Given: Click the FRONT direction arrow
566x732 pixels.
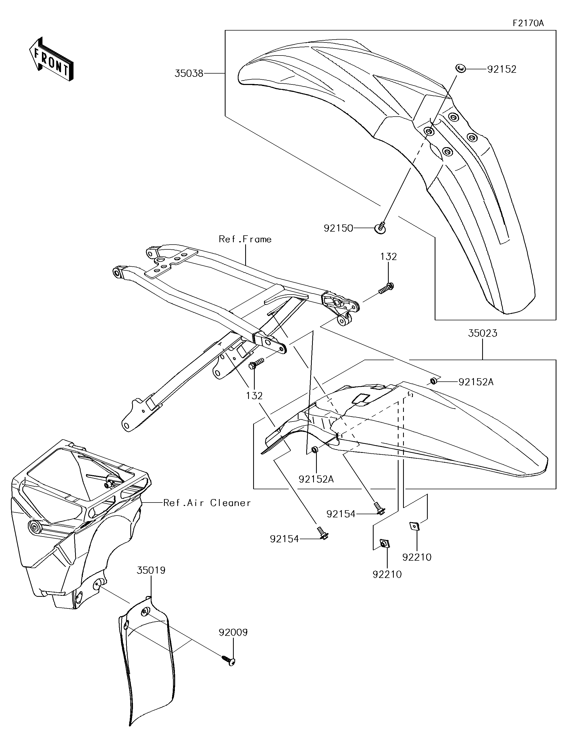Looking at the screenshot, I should [x=51, y=59].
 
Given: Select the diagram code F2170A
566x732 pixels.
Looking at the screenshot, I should [x=528, y=23].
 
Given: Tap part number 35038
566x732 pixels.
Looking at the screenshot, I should [x=189, y=73].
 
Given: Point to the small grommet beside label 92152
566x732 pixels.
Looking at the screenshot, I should [x=460, y=69].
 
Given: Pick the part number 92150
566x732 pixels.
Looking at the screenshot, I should [x=338, y=228].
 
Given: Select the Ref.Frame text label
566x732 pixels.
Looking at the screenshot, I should [x=245, y=239].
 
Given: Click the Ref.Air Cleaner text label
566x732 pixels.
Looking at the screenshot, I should [x=207, y=503].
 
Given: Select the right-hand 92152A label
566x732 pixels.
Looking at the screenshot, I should [x=476, y=382].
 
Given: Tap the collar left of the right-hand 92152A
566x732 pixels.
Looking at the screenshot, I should [x=433, y=381].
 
